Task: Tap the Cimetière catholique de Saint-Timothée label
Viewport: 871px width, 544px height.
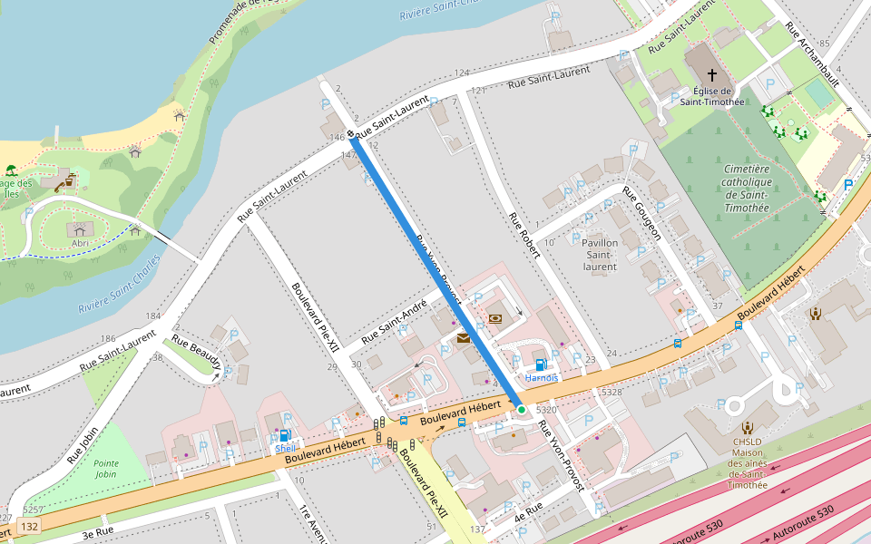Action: point(746,189)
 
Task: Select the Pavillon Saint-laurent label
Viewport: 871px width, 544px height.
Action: point(599,255)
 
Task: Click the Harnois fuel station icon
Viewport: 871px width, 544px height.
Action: point(541,364)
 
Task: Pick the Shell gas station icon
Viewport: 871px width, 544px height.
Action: point(285,435)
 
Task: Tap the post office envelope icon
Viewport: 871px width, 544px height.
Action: point(464,338)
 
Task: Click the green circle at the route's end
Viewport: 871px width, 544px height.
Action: point(522,411)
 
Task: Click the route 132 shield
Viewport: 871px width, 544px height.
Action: point(30,527)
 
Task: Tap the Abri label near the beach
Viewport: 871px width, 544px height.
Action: point(81,244)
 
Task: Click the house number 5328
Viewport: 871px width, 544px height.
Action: point(612,392)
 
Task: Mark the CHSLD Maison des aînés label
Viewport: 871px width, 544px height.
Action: point(747,463)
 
